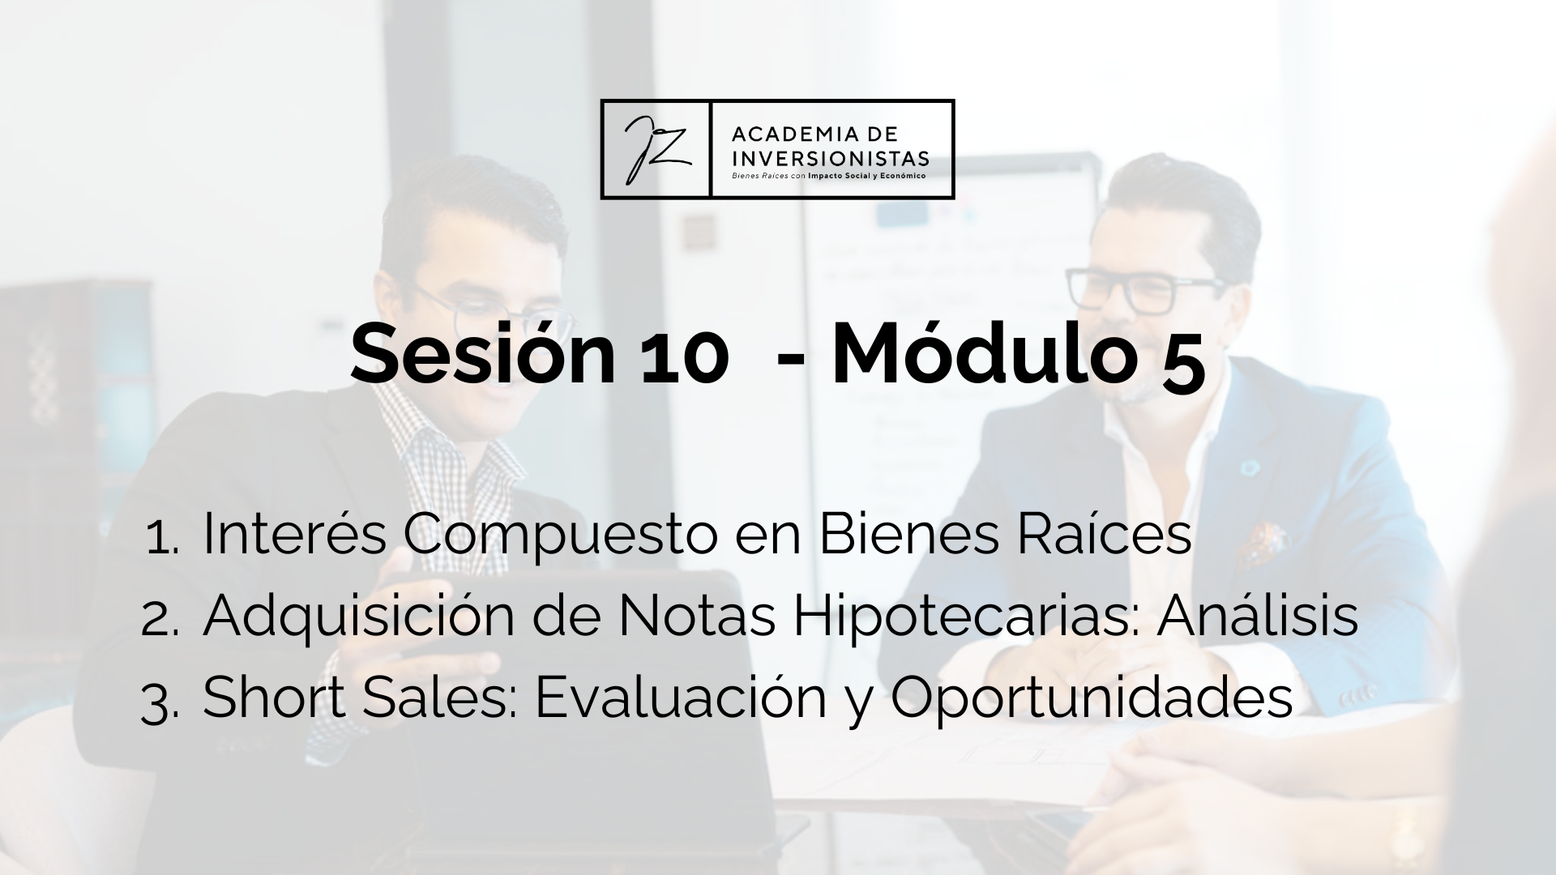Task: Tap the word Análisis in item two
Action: (1257, 615)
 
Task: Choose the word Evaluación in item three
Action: (681, 696)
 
